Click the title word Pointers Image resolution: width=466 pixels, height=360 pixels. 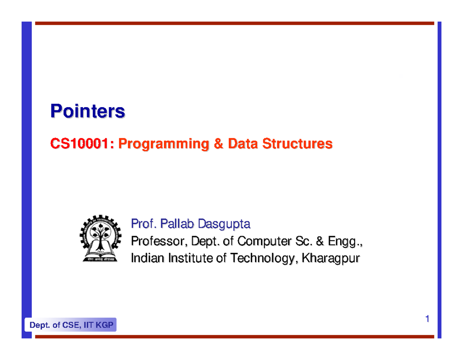click(x=87, y=111)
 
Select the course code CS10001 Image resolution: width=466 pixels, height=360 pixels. click(x=79, y=143)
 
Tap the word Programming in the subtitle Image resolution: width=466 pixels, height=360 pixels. click(x=163, y=144)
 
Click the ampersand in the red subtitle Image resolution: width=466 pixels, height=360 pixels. click(x=218, y=143)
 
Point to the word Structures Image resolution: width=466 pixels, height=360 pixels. click(x=297, y=143)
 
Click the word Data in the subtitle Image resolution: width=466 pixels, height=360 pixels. click(x=243, y=143)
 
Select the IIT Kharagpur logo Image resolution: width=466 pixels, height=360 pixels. click(x=101, y=238)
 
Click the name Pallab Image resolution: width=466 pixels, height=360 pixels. click(x=177, y=224)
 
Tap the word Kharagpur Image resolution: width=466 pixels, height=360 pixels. click(x=331, y=259)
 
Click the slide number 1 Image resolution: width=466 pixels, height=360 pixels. click(x=427, y=319)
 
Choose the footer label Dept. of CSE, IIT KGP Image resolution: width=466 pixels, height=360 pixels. click(x=71, y=325)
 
